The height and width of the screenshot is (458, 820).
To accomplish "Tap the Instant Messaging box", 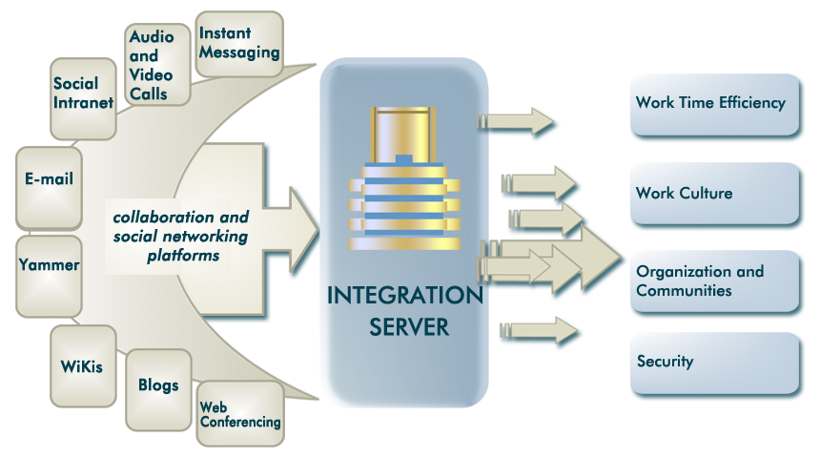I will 239,44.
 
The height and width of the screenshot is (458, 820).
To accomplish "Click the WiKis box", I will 83,365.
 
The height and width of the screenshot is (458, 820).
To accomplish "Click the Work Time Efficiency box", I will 713,103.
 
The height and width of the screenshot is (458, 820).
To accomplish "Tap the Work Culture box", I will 713,194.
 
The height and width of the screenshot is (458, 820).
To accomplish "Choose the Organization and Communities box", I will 713,281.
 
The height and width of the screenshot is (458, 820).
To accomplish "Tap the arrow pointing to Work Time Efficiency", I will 519,121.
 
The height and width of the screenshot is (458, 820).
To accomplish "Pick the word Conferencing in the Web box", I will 240,422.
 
